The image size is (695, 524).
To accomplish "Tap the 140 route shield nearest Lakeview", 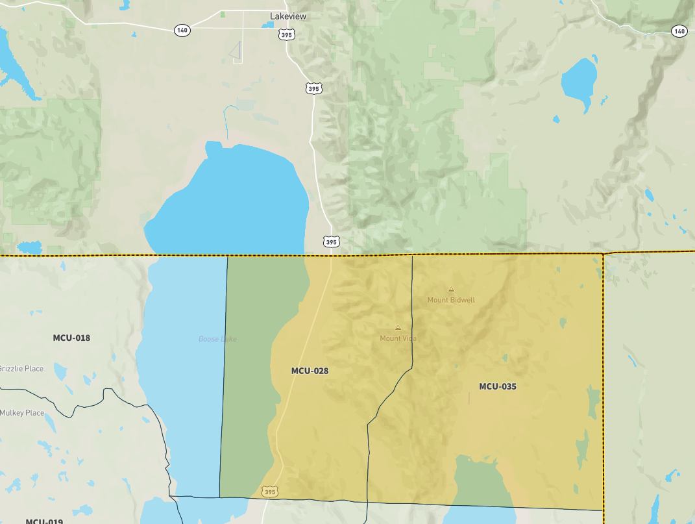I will click(182, 31).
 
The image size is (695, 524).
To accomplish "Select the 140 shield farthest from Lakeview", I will click(679, 31).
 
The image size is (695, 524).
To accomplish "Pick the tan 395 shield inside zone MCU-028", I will click(271, 492).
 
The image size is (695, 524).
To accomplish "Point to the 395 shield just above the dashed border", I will click(331, 242).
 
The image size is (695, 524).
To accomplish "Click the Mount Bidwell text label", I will click(451, 300).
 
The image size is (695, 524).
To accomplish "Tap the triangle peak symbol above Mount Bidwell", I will click(451, 290).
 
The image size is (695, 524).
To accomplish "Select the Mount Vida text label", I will click(398, 338).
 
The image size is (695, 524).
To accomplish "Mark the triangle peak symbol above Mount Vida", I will click(398, 327).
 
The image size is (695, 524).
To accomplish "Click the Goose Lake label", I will click(217, 339).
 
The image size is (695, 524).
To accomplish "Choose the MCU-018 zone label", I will click(71, 338).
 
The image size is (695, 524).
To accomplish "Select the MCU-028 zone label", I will click(310, 371).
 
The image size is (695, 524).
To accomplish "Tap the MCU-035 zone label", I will click(498, 386).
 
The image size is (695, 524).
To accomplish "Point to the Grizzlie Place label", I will click(21, 369).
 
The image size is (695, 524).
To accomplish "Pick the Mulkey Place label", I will click(21, 413).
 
